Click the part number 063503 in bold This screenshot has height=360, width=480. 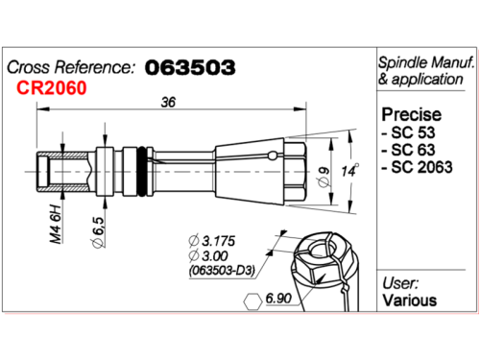[x=190, y=67]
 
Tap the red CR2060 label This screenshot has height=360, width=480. [x=52, y=87]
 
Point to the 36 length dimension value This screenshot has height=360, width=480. [x=168, y=102]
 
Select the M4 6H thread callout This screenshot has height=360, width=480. [x=56, y=224]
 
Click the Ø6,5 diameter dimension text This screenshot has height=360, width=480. [x=98, y=232]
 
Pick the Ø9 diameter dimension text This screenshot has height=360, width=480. [x=324, y=177]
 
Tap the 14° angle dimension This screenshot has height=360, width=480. [x=349, y=171]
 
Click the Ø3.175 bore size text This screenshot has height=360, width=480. [x=212, y=241]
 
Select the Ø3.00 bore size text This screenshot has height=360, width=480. [x=208, y=255]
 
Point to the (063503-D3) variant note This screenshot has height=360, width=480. [x=222, y=271]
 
